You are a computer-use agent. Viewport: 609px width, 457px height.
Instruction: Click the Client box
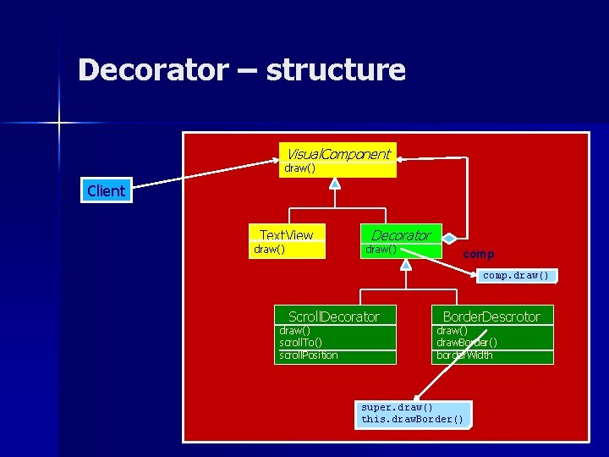(x=106, y=191)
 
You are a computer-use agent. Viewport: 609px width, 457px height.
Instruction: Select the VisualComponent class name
(x=337, y=154)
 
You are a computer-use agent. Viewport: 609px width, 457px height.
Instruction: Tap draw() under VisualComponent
(x=300, y=168)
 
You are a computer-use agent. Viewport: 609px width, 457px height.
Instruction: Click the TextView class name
(x=286, y=235)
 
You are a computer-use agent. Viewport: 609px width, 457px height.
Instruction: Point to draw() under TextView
(x=269, y=250)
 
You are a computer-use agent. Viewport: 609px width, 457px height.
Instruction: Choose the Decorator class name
(x=401, y=235)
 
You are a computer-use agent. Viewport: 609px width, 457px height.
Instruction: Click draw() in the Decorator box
(x=380, y=250)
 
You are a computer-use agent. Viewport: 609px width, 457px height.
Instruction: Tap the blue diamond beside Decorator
(x=450, y=239)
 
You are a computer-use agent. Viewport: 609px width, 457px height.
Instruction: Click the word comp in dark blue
(x=479, y=254)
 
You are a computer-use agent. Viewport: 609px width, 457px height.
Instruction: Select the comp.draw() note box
(x=515, y=275)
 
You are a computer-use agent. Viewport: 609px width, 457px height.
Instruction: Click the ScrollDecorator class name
(x=334, y=317)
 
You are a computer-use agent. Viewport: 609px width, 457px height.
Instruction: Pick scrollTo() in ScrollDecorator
(x=300, y=343)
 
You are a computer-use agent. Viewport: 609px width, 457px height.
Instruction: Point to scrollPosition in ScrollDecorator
(x=309, y=355)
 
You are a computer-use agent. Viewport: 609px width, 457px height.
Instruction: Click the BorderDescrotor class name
(x=491, y=317)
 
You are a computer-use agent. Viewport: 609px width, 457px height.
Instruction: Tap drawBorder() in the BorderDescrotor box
(x=466, y=343)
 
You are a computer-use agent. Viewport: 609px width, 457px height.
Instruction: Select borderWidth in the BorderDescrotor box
(x=464, y=355)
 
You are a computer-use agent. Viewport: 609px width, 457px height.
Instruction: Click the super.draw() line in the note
(x=397, y=407)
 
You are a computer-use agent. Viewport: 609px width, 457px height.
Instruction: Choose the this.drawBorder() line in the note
(x=412, y=419)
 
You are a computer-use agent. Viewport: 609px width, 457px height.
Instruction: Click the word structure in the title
(x=336, y=69)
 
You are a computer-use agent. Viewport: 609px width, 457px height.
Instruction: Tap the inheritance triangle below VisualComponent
(x=335, y=183)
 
